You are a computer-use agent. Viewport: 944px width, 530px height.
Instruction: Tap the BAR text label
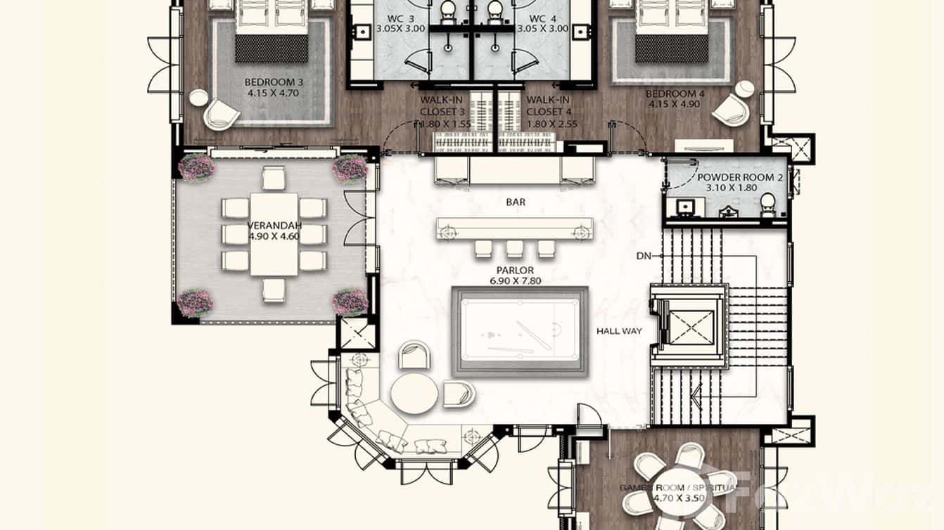516,202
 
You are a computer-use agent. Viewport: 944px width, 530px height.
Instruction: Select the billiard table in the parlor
520,332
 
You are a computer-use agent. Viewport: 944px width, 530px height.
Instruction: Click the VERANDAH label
274,226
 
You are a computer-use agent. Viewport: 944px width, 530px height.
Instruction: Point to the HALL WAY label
619,330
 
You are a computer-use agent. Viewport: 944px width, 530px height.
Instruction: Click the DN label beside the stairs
644,257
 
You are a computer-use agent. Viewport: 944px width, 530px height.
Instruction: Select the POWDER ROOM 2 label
740,179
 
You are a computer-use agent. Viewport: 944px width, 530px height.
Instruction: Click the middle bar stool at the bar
515,248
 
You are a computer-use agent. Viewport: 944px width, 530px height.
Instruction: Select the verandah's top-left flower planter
196,168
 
